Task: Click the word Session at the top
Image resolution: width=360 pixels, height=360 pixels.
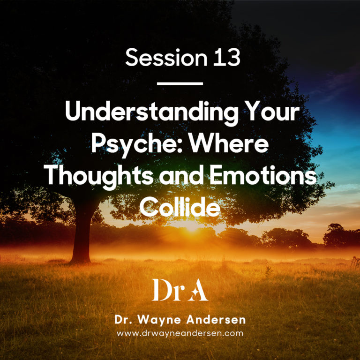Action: pos(158,58)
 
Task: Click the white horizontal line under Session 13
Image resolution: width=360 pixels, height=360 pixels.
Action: pos(180,83)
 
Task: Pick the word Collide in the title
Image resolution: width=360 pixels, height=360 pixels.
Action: pos(180,205)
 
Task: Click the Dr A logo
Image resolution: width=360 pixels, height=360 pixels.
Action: pos(180,291)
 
